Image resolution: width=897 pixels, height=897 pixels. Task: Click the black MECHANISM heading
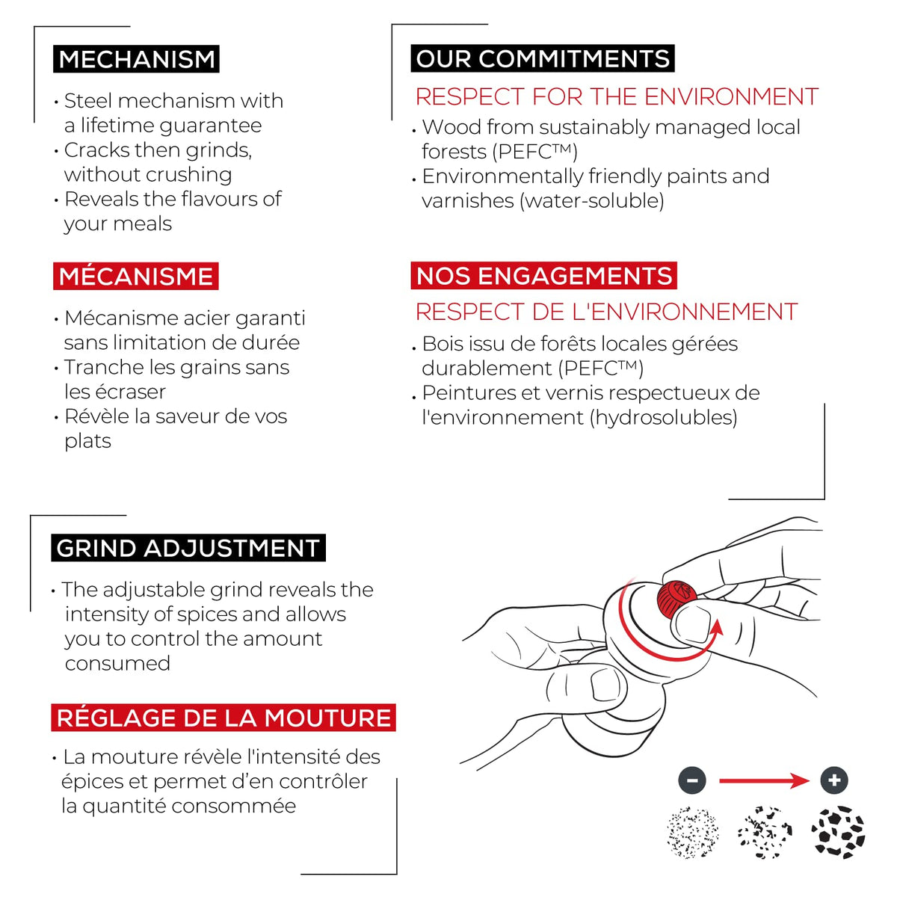tap(136, 59)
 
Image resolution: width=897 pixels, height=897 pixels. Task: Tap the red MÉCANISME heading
tap(135, 277)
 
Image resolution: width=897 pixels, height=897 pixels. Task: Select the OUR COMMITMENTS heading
tap(542, 58)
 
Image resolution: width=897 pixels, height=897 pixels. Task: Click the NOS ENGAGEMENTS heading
tap(543, 276)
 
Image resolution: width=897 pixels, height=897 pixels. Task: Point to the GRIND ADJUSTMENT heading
tap(188, 548)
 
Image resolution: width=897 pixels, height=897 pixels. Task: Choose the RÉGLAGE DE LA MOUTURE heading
tap(224, 718)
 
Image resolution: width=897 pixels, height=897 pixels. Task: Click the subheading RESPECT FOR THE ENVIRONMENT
tap(617, 97)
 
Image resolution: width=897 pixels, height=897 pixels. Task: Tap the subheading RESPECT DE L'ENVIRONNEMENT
tap(606, 312)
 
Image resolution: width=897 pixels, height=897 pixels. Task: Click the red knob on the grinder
tap(676, 599)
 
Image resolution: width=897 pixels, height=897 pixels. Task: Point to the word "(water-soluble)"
tap(591, 201)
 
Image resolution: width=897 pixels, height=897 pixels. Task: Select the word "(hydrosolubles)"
tap(663, 418)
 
